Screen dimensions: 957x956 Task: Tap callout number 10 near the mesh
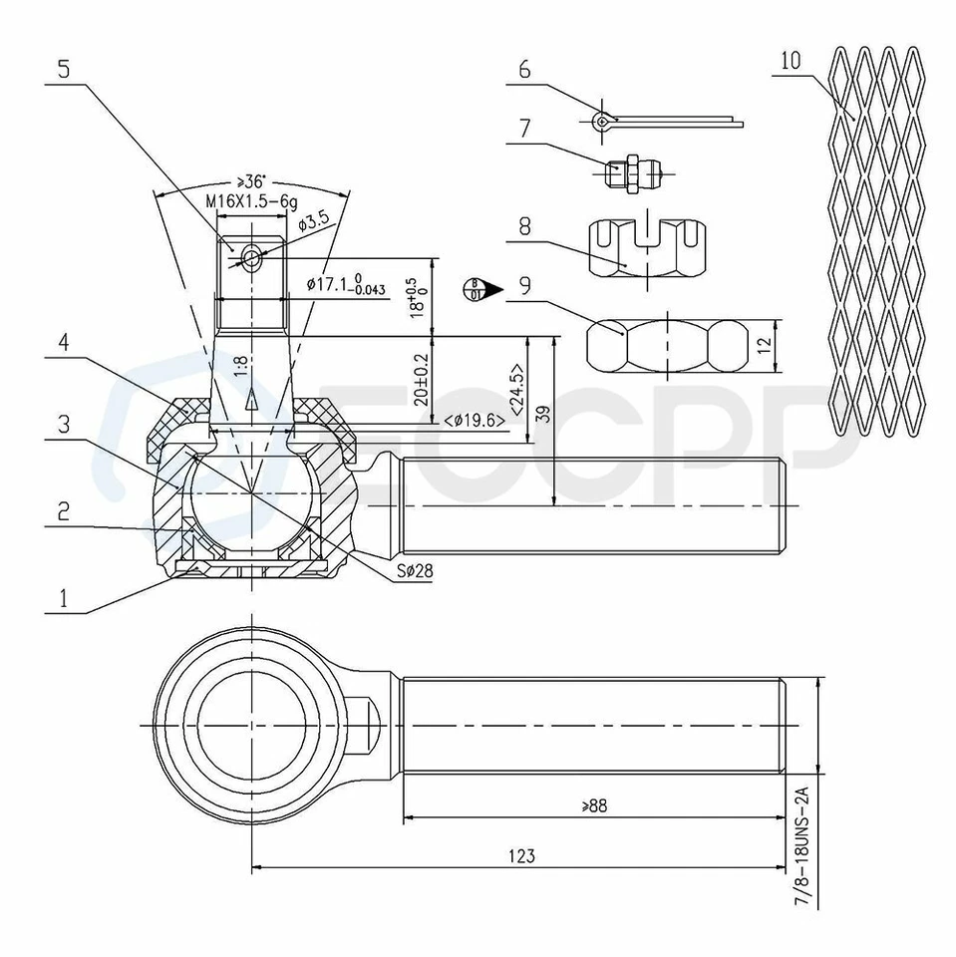pyautogui.click(x=791, y=61)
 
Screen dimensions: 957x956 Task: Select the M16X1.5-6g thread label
pyautogui.click(x=252, y=200)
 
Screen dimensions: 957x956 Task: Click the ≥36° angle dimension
pyautogui.click(x=251, y=181)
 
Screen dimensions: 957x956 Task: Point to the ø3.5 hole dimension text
pyautogui.click(x=315, y=224)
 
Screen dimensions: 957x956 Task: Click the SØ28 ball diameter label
pyautogui.click(x=412, y=574)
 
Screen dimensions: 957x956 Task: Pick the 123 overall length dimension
pyautogui.click(x=520, y=855)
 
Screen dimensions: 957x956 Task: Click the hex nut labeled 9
pyautogui.click(x=666, y=346)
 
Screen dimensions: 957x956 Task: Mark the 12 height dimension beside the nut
pyautogui.click(x=764, y=346)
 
